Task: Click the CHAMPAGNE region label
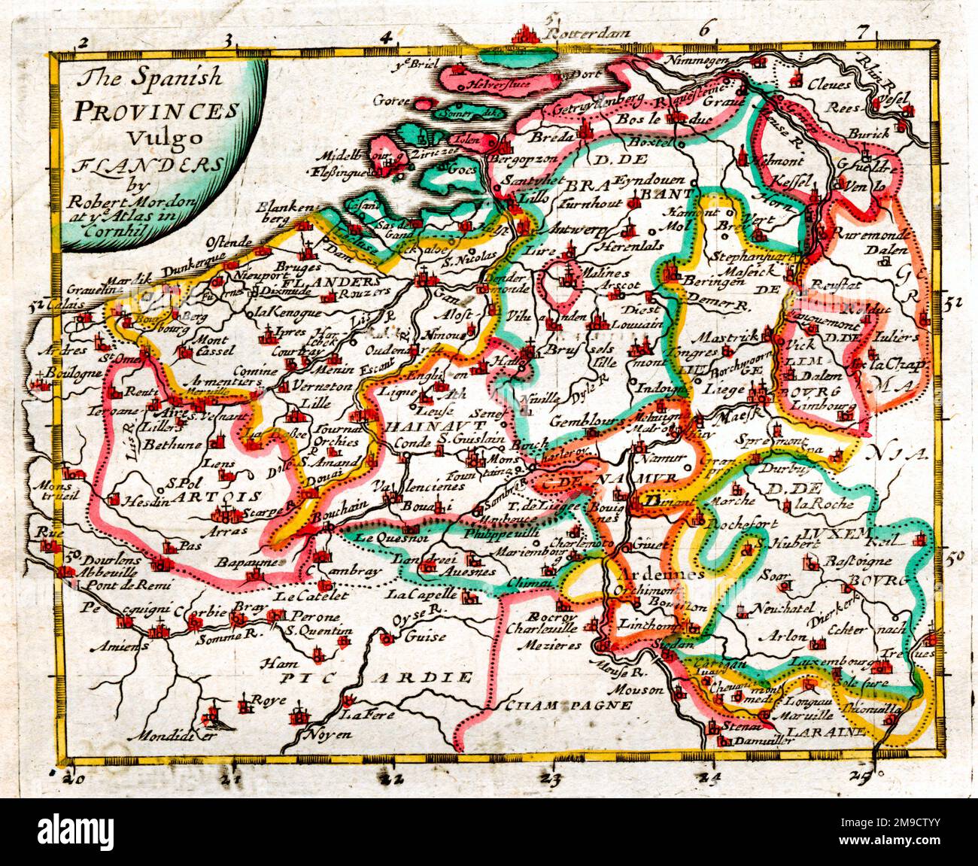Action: [568, 705]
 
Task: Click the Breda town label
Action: [551, 137]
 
